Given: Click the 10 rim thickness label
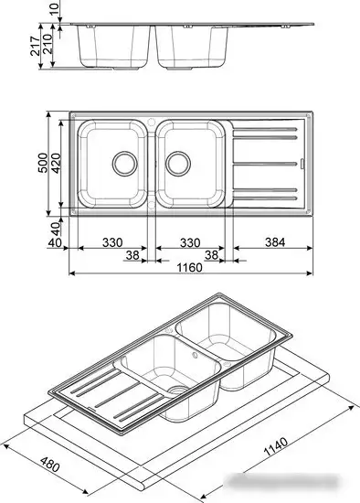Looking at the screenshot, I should pos(55,10).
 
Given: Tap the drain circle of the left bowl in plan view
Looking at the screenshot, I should pos(121,165).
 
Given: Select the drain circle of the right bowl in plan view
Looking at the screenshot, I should pos(179,165).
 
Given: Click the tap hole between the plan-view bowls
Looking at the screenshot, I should pos(152,123).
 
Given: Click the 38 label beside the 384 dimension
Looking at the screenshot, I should pos(213,256).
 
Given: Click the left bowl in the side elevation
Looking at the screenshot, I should pos(115,46).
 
